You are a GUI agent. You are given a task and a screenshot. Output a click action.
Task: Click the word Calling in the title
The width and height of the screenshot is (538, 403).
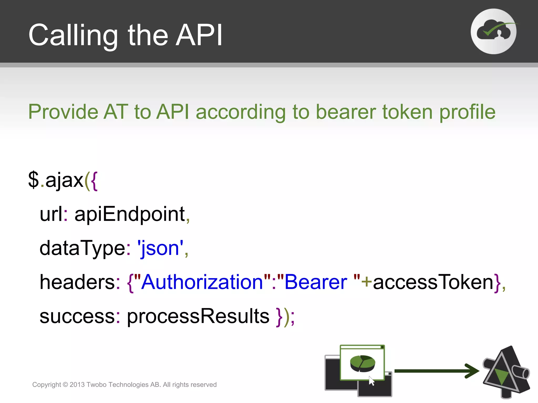73,35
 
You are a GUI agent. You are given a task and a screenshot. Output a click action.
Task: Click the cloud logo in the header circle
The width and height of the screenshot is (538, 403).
493,31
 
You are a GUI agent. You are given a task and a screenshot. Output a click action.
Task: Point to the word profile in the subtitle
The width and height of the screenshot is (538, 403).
467,112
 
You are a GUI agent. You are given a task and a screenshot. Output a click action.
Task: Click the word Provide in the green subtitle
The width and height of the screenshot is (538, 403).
63,112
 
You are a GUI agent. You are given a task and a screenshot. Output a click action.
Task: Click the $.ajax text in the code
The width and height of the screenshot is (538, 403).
56,180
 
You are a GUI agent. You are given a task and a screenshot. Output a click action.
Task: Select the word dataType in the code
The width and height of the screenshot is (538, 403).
82,248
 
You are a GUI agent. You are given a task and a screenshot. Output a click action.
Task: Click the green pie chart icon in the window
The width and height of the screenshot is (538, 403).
363,363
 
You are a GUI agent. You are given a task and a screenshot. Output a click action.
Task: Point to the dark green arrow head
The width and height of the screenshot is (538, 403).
473,371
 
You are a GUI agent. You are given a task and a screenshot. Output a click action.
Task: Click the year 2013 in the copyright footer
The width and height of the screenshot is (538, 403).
77,385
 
